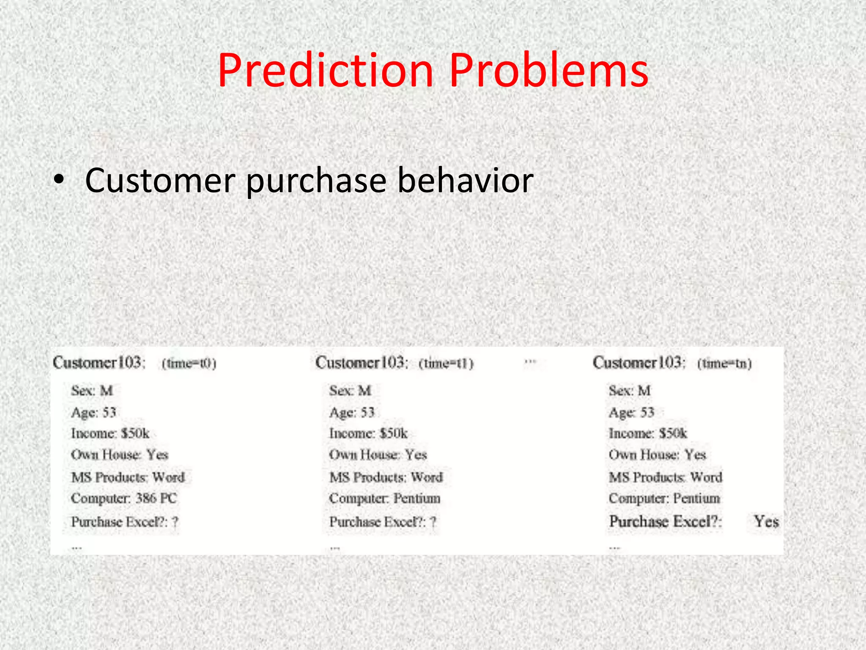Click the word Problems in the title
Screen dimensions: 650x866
(548, 71)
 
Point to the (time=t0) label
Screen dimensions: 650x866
(189, 364)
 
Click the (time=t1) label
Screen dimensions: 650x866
(446, 364)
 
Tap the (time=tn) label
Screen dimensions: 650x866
(724, 364)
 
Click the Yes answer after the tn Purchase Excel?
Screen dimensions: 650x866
(766, 521)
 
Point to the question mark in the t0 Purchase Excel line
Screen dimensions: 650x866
(175, 522)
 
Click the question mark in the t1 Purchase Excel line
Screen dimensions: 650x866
(433, 522)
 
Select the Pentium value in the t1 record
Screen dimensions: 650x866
(417, 498)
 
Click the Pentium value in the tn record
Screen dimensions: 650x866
(696, 498)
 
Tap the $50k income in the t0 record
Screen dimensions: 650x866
(135, 433)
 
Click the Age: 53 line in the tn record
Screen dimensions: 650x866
(631, 412)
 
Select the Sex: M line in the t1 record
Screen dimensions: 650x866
(350, 390)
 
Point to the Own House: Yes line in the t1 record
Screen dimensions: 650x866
(378, 454)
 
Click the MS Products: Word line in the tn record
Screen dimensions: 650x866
(665, 477)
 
